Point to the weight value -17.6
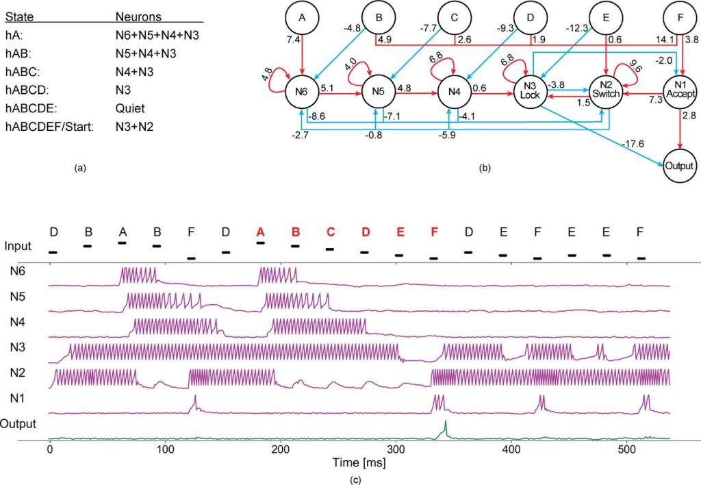pyautogui.click(x=627, y=144)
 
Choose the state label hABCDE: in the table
pyautogui.click(x=28, y=104)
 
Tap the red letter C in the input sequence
pyautogui.click(x=330, y=232)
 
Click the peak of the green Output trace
pyautogui.click(x=445, y=421)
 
